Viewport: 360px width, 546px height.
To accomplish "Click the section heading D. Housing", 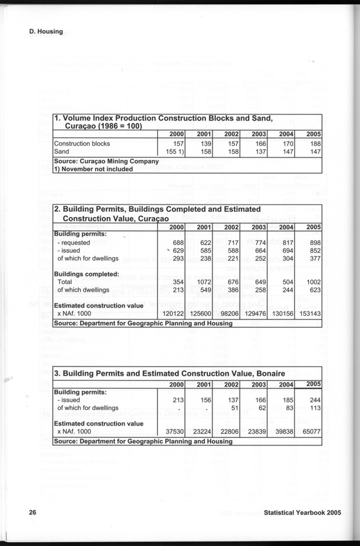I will click(46, 31).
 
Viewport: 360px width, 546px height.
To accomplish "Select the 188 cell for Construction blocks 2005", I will click(313, 143).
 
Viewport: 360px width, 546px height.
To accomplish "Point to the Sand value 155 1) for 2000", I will click(170, 152).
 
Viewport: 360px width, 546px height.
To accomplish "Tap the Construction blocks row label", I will click(81, 143).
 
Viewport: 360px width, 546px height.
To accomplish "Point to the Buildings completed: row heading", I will click(86, 274).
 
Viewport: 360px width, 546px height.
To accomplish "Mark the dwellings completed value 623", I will click(313, 290).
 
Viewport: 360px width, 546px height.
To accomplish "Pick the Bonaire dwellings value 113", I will click(313, 408).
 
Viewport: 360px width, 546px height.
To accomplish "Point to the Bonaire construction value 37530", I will click(172, 432).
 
